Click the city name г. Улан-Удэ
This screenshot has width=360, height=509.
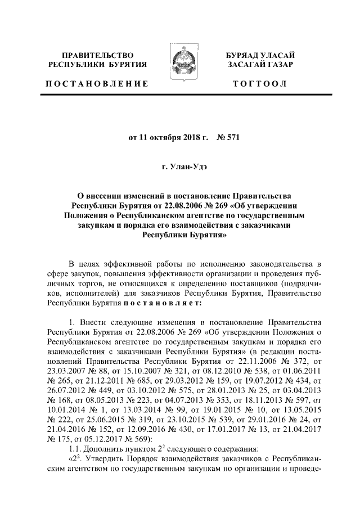179,167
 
